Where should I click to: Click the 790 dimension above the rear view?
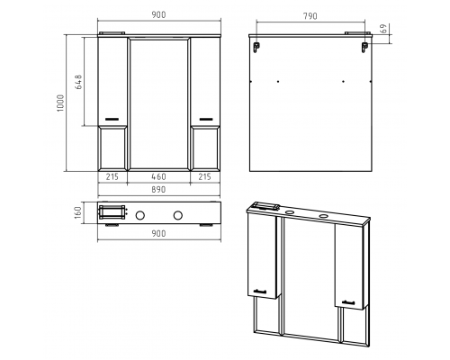point(310,16)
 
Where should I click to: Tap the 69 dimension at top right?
point(383,29)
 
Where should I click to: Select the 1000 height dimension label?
point(60,103)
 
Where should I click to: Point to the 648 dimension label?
point(78,82)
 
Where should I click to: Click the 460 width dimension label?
point(158,177)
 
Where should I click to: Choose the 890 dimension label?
point(158,190)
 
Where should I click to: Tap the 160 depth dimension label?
point(78,212)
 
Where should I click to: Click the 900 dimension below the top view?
point(158,233)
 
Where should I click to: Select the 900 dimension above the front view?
point(158,14)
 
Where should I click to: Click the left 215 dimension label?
point(112,177)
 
